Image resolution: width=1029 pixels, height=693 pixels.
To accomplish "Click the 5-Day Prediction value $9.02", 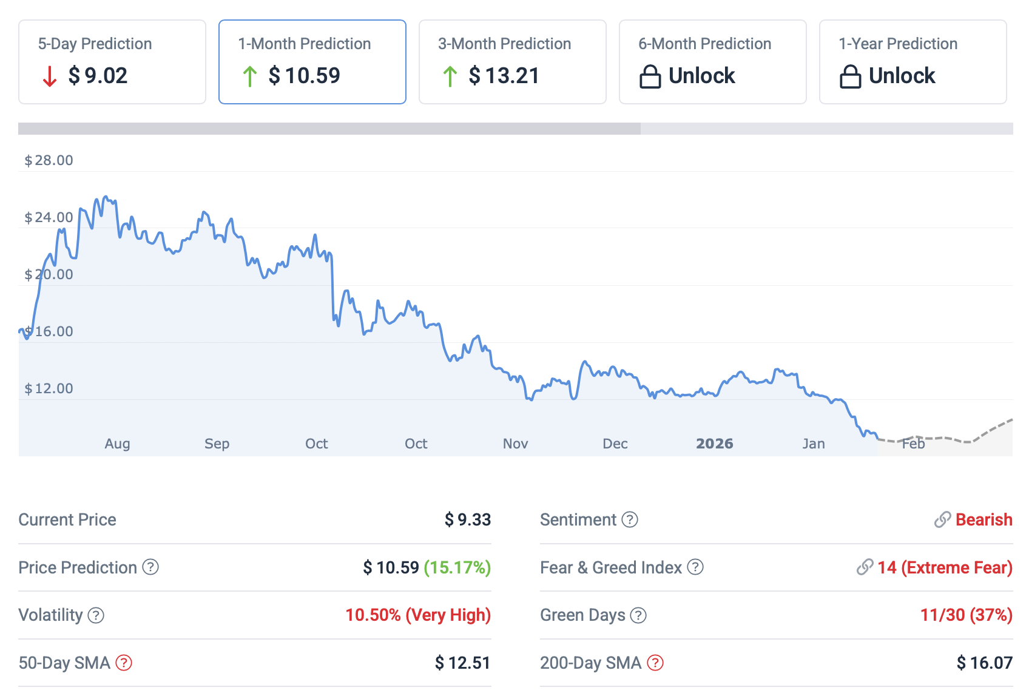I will click(x=98, y=76).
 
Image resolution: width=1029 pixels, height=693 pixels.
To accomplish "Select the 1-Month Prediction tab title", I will click(x=304, y=44).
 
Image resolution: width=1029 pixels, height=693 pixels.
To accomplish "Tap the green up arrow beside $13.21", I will click(x=450, y=76).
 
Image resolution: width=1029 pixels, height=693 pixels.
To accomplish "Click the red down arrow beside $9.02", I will click(x=50, y=76).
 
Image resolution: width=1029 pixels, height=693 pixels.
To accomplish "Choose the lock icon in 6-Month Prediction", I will click(x=650, y=76).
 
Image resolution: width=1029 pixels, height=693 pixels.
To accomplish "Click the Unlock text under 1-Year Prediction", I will click(x=902, y=76).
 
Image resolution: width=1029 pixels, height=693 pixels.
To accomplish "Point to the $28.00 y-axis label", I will click(x=49, y=160).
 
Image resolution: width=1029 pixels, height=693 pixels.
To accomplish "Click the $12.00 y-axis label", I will click(x=49, y=388).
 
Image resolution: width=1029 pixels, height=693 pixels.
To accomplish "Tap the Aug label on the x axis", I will click(x=117, y=444).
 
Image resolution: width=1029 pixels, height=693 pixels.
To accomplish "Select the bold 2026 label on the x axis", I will click(x=714, y=444).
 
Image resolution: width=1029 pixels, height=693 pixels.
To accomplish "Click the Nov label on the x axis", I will click(x=515, y=444).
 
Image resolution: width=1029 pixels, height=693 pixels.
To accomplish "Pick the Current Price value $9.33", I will click(x=467, y=519).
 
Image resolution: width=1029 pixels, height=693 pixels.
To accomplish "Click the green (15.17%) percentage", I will click(x=457, y=567).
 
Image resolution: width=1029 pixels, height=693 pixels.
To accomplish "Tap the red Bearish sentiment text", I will click(x=983, y=519).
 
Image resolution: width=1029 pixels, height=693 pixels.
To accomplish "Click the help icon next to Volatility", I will click(x=96, y=615).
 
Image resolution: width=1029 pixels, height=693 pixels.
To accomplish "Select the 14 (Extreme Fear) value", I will click(x=945, y=567).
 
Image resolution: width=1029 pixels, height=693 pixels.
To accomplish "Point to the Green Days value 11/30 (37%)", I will click(x=966, y=615).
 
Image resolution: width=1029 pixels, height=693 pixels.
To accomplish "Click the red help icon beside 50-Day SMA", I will click(x=124, y=663).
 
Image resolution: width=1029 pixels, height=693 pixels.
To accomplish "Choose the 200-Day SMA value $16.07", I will click(x=984, y=663).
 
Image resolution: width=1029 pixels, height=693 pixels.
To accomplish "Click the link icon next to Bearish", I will click(x=942, y=519).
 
